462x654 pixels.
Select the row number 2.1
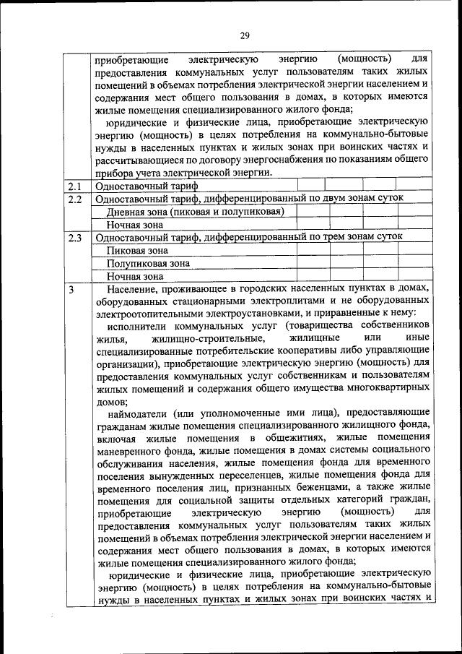(x=74, y=186)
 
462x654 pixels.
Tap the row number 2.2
(x=74, y=198)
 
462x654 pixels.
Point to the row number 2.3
(x=74, y=237)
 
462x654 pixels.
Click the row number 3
(x=71, y=289)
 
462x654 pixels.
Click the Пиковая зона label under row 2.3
(x=137, y=250)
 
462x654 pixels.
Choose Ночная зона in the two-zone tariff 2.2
(x=135, y=224)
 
